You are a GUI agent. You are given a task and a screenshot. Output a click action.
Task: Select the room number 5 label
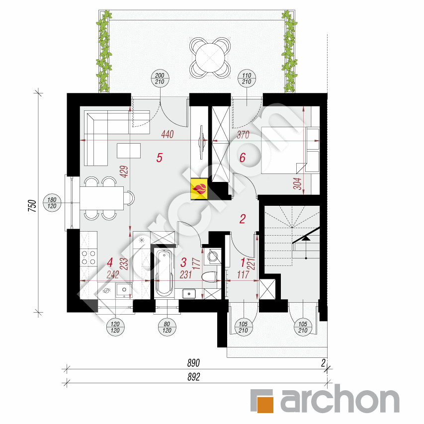[x=159, y=158]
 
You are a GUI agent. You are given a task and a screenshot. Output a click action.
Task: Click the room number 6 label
[x=243, y=158]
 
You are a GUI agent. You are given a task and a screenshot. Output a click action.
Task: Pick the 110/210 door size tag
[x=248, y=80]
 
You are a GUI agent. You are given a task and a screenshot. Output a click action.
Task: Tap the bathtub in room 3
[x=164, y=273]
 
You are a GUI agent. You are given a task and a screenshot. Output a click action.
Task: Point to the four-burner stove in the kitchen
[x=88, y=257]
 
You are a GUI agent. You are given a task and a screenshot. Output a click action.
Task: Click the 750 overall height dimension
[x=31, y=205]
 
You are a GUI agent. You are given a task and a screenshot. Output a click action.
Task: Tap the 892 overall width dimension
[x=194, y=377]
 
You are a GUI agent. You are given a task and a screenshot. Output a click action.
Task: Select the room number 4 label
[x=109, y=261]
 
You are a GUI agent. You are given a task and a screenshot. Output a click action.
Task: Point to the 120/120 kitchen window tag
[x=116, y=327]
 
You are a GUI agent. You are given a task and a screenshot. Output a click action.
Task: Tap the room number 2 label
[x=243, y=219]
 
